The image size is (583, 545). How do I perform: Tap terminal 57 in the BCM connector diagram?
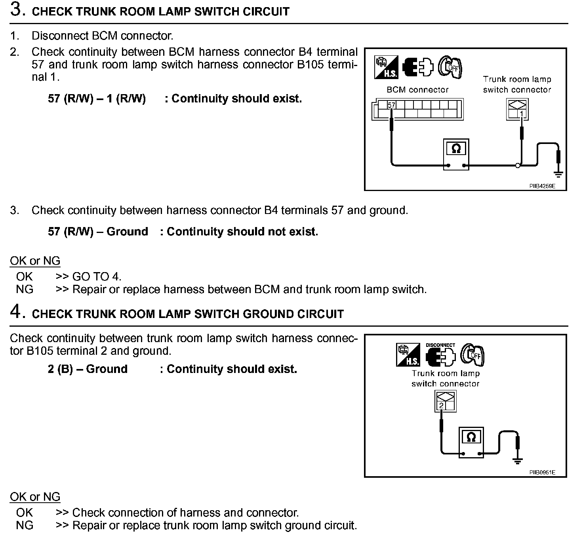click(x=391, y=105)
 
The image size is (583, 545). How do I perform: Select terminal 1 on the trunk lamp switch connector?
click(x=522, y=114)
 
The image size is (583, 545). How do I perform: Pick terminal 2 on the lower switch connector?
click(x=441, y=405)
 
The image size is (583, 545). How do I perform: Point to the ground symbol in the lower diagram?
click(x=517, y=460)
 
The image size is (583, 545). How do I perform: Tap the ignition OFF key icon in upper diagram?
click(x=451, y=66)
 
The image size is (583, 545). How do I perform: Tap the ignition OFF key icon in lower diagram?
click(x=473, y=354)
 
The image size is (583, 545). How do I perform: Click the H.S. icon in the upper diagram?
click(x=385, y=67)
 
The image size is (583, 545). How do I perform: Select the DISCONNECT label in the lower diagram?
click(x=440, y=345)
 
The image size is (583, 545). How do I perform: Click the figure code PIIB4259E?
click(x=543, y=185)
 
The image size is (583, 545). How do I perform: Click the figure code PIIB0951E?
click(x=543, y=472)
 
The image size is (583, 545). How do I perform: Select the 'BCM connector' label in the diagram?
click(x=417, y=90)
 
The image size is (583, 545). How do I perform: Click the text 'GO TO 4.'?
click(x=97, y=276)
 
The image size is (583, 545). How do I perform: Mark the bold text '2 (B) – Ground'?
click(x=88, y=369)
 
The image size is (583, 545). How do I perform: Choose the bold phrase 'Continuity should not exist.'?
click(x=242, y=231)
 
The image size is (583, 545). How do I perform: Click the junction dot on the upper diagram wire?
click(x=517, y=165)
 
